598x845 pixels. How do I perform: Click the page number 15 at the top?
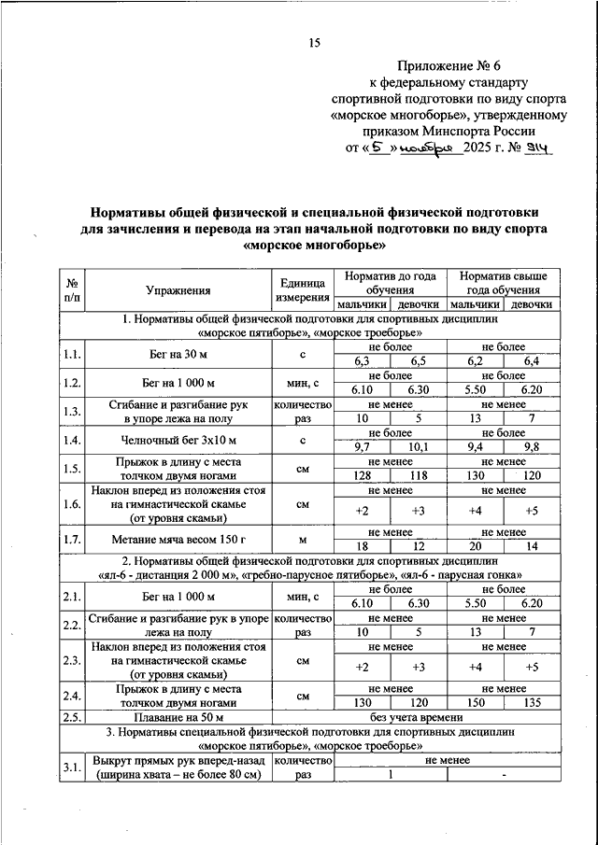click(x=314, y=42)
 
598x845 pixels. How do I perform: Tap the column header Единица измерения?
click(x=301, y=290)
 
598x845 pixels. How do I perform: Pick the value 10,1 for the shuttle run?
click(x=416, y=447)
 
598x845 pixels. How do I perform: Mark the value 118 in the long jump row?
click(x=416, y=476)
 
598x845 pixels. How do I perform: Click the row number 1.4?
click(x=72, y=440)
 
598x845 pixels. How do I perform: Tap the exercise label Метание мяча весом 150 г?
click(x=178, y=541)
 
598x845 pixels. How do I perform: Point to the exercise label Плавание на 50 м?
click(x=178, y=717)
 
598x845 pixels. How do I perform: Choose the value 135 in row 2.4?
click(x=532, y=703)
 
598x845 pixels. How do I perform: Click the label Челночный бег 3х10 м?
click(x=178, y=440)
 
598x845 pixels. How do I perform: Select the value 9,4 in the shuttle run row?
click(x=476, y=447)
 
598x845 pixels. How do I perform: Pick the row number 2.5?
click(x=72, y=717)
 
